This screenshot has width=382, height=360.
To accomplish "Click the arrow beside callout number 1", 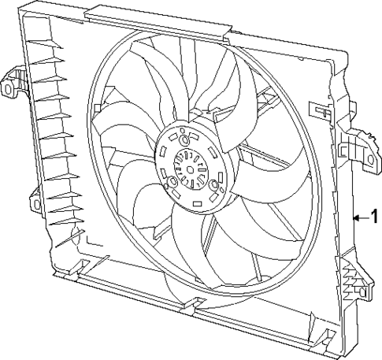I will (x=361, y=217).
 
